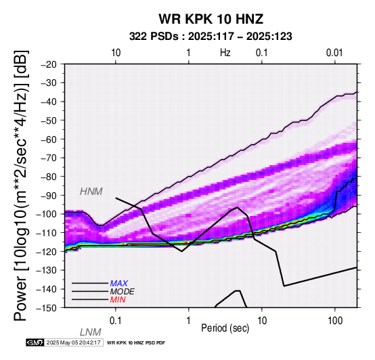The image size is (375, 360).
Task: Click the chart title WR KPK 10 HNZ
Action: pos(211,19)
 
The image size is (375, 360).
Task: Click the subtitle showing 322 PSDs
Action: pos(211,37)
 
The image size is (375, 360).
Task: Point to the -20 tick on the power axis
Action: pos(49,64)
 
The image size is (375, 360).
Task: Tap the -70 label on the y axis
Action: pos(49,158)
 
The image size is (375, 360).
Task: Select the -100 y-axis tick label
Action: pos(47,214)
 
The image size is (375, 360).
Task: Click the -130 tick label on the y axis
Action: pos(47,270)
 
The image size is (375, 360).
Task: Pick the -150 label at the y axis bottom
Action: pos(47,308)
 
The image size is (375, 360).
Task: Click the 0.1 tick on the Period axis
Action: pos(115,321)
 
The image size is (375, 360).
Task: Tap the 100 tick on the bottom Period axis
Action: pos(335,321)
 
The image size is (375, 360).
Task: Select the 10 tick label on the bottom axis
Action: pos(262,321)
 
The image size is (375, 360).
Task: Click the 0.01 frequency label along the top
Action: pos(334,53)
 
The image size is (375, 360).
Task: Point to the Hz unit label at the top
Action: pos(225,53)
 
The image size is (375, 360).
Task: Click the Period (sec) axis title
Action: pos(225,328)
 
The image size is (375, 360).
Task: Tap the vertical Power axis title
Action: pos(21,185)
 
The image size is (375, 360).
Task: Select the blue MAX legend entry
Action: pos(119,284)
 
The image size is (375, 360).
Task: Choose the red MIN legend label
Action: pos(118,300)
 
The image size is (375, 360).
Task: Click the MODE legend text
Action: pos(123,292)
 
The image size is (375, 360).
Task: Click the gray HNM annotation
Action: pos(91,192)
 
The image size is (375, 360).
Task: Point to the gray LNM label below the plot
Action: pos(91,332)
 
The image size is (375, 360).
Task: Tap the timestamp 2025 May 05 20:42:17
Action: pos(73,342)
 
